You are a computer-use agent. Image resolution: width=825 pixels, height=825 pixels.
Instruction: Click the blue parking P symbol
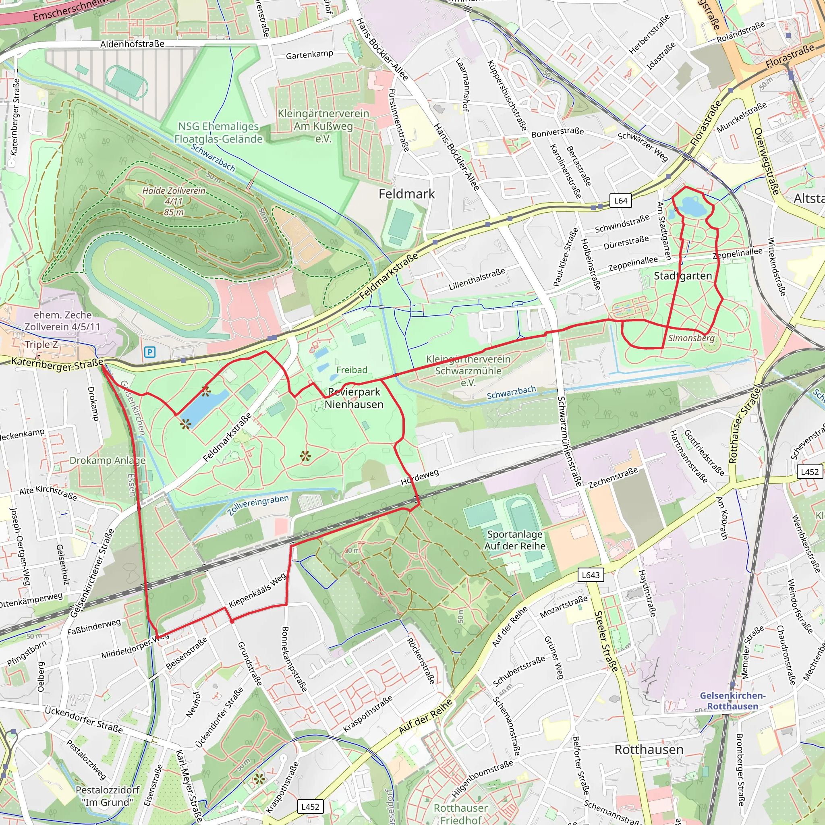(149, 352)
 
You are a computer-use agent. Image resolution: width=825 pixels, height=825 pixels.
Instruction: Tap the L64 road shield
(620, 201)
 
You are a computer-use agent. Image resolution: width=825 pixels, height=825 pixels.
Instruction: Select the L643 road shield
(591, 575)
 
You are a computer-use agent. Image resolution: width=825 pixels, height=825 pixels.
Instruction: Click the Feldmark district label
(406, 194)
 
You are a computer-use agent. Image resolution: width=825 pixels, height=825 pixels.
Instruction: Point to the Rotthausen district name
(649, 749)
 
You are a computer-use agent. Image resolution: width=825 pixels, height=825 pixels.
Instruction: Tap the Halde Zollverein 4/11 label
(174, 201)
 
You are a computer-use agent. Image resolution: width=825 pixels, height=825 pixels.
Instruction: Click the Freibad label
(351, 370)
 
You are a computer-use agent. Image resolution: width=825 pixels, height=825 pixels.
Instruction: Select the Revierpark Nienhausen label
(354, 398)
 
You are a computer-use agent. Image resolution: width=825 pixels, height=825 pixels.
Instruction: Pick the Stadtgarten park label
(683, 276)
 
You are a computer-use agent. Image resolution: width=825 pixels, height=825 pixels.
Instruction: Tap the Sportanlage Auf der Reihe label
(514, 540)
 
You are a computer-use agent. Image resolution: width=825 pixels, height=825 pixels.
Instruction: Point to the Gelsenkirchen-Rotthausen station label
(732, 701)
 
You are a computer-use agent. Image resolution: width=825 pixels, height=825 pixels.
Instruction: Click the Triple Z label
(41, 344)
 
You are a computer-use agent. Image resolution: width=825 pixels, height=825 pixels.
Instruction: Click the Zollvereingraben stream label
(258, 505)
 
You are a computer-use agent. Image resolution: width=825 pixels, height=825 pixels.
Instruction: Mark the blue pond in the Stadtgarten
(690, 206)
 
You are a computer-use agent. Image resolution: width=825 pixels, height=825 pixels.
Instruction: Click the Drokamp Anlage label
(108, 460)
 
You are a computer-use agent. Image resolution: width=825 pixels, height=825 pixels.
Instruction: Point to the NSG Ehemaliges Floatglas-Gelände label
(218, 133)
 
